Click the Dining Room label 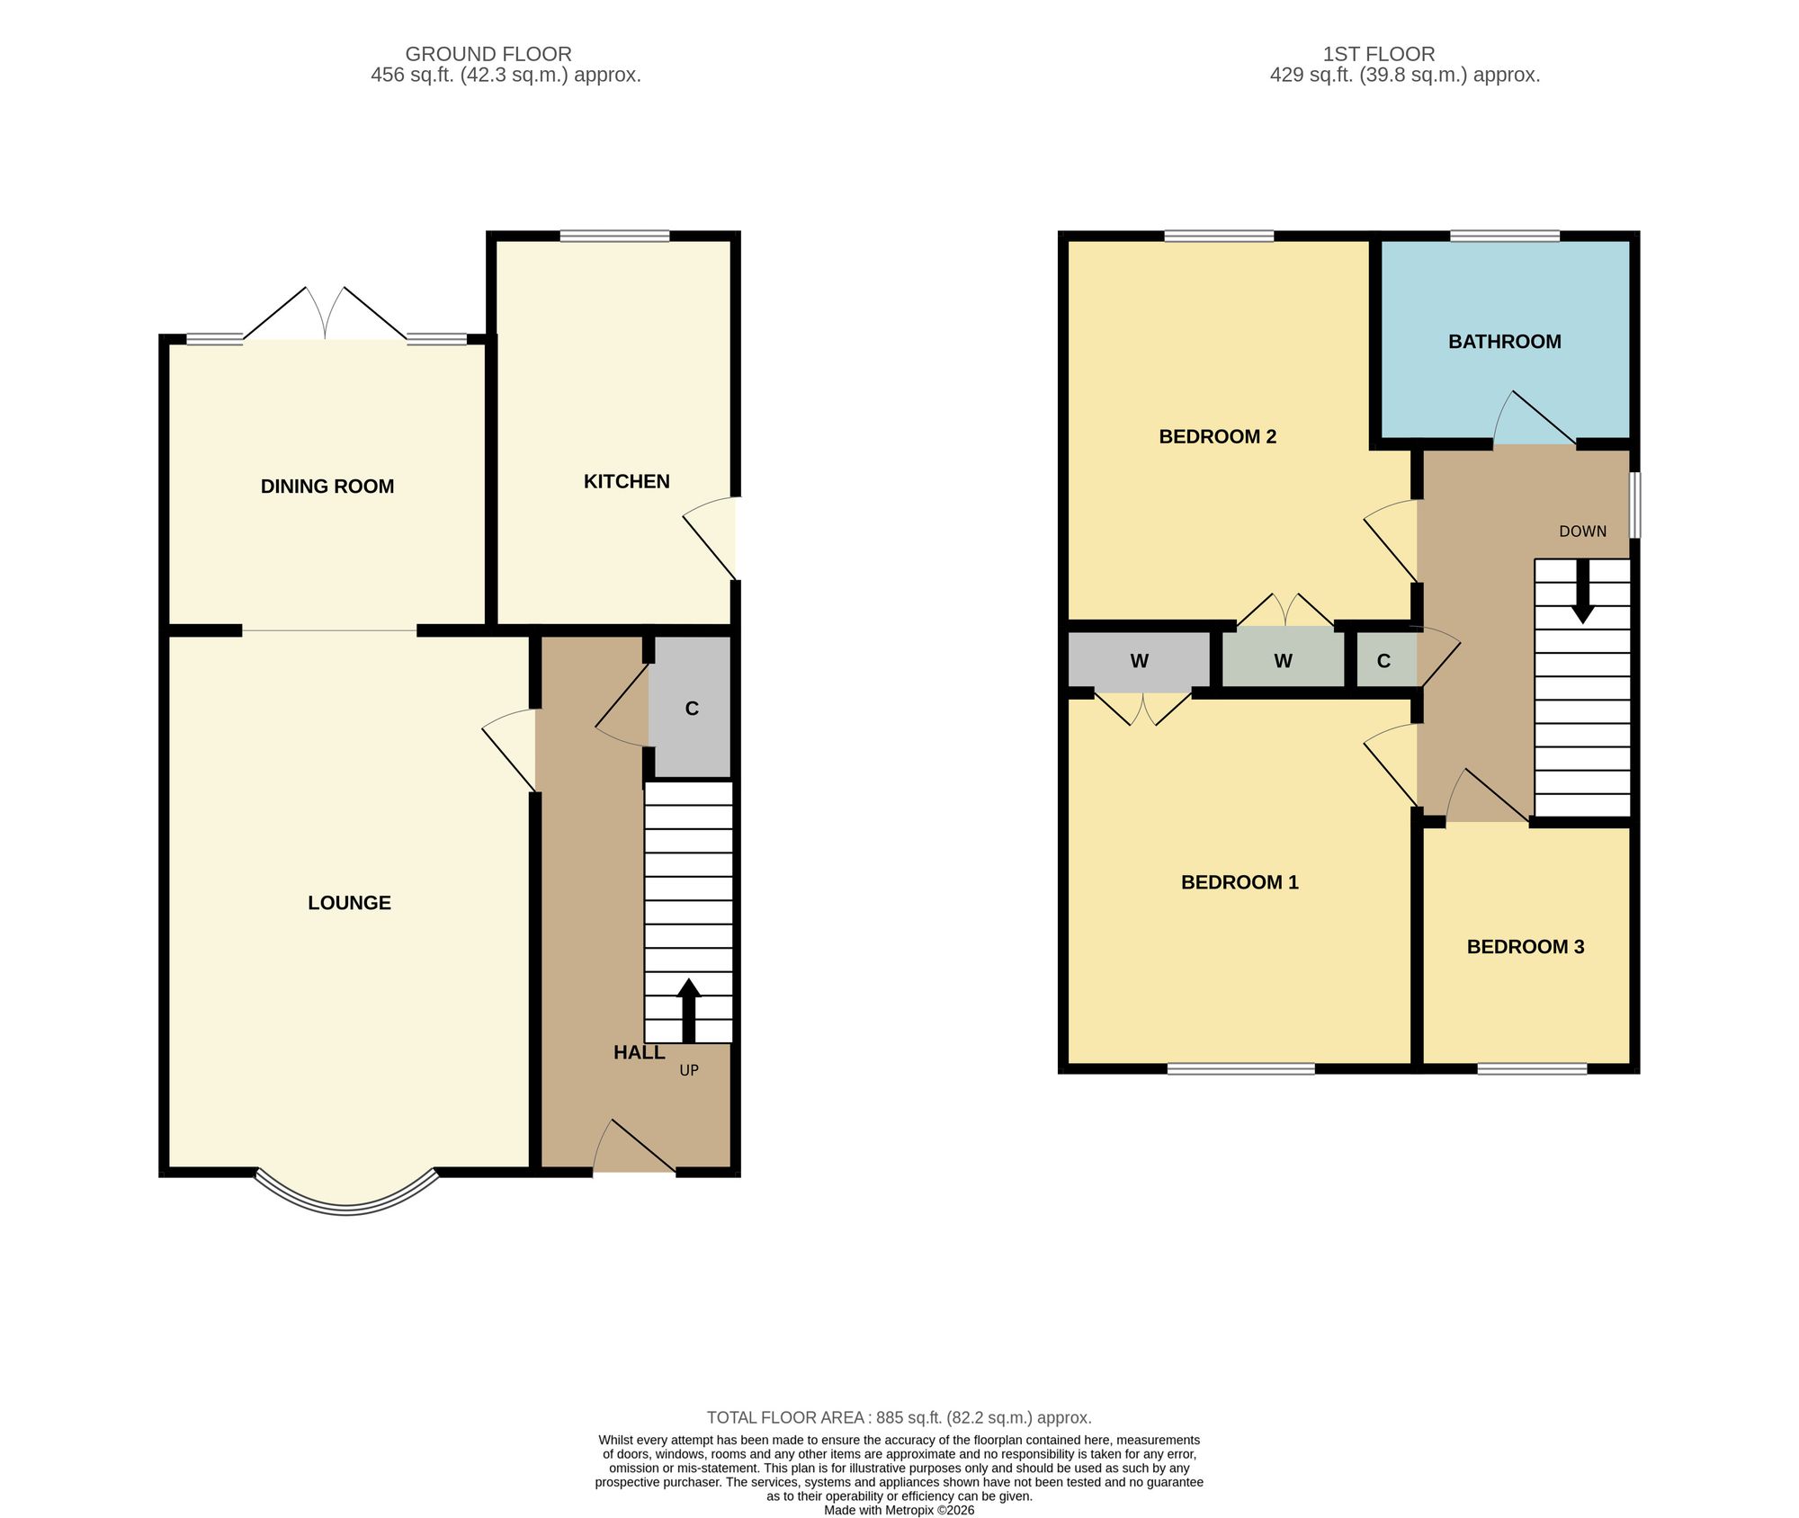click(327, 487)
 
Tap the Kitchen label click(627, 482)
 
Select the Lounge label click(349, 903)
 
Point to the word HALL click(640, 1052)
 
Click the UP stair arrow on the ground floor click(689, 1011)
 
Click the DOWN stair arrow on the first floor click(1582, 591)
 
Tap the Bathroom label click(1505, 342)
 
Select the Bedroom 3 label click(1526, 947)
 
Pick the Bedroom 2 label click(1218, 437)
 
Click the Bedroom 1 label click(1240, 882)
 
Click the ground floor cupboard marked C click(692, 707)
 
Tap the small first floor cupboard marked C click(1386, 660)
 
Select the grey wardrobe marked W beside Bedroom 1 click(1139, 660)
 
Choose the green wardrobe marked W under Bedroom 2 click(1284, 660)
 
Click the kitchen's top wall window click(614, 237)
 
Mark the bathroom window click(1505, 237)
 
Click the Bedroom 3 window click(1532, 1068)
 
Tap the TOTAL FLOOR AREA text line click(899, 1418)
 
